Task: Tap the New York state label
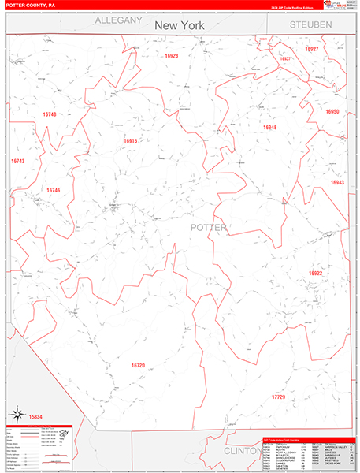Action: coord(179,25)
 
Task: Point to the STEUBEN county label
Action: coord(310,25)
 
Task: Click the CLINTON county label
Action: coord(241,451)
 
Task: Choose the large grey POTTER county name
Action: coord(208,228)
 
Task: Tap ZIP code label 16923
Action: coord(172,56)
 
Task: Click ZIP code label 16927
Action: coord(312,49)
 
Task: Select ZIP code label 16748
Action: coord(49,115)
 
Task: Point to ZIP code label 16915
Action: coord(130,141)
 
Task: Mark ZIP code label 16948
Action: coord(270,127)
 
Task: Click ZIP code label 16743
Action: coord(17,161)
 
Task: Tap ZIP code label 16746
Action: coord(53,190)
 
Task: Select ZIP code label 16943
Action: coord(337,182)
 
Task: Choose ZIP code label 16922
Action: coord(315,273)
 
